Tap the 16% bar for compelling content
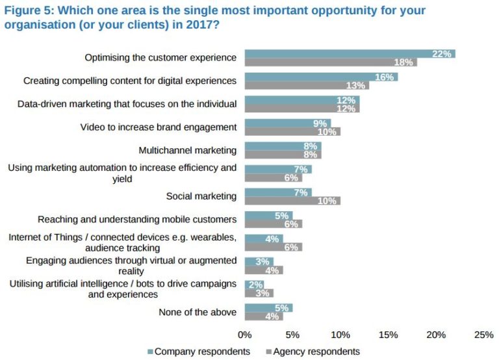[x=321, y=77]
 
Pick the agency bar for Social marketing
[x=292, y=201]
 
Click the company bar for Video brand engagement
[x=287, y=123]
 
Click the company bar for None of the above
[x=268, y=308]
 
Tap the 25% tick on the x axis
[x=484, y=335]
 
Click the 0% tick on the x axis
[x=244, y=335]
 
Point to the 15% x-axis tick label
[x=388, y=335]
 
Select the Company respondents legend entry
[x=199, y=352]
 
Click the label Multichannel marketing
[x=188, y=150]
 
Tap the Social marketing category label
[x=201, y=196]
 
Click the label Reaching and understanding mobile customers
[x=137, y=219]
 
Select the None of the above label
[x=198, y=313]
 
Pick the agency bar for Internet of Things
[x=273, y=247]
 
